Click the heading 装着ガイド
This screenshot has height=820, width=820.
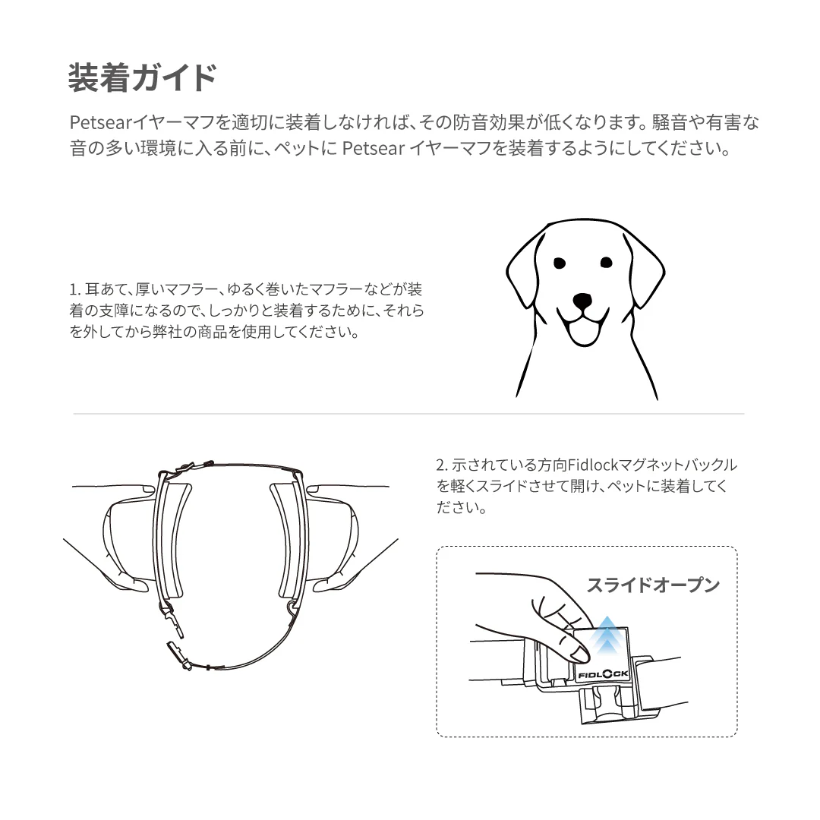click(142, 78)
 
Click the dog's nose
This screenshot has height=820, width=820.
click(582, 301)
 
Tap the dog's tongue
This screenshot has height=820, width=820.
click(584, 332)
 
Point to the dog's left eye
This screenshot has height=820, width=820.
click(560, 263)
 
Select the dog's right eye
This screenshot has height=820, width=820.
click(606, 262)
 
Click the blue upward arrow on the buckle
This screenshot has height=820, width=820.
click(607, 634)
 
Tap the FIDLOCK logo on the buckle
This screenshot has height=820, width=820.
click(604, 675)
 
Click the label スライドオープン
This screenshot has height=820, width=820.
click(653, 585)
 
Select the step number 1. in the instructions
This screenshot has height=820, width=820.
click(74, 289)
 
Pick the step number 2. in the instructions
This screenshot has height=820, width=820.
click(442, 465)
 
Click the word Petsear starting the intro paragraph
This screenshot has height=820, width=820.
click(100, 122)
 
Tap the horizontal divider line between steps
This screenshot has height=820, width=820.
click(408, 414)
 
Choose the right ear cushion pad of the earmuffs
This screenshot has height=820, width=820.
click(287, 540)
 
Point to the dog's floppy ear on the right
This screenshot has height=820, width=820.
click(645, 271)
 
